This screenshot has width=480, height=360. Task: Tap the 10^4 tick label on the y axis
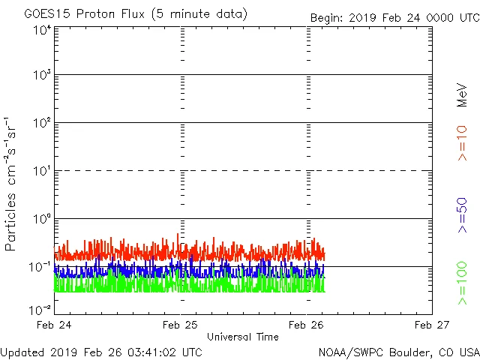(41, 31)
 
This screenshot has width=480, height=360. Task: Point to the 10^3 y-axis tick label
(41, 76)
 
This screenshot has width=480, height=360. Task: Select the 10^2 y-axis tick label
(41, 123)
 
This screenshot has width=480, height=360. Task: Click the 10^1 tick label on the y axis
(41, 171)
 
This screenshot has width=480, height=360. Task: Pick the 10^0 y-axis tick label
(41, 219)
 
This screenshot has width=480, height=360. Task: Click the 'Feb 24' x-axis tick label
(54, 325)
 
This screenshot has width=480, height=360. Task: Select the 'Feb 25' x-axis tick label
(180, 325)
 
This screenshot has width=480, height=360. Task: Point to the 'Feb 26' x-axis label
(306, 325)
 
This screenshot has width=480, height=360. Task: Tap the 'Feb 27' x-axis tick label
(432, 325)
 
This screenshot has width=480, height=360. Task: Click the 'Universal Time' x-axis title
(243, 337)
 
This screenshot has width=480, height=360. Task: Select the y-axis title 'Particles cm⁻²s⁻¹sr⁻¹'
(12, 184)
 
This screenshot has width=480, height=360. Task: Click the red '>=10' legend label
(462, 143)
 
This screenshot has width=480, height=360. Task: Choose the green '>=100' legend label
(462, 283)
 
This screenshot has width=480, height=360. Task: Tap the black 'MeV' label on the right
(462, 95)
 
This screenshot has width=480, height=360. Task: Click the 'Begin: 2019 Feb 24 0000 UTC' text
(394, 17)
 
